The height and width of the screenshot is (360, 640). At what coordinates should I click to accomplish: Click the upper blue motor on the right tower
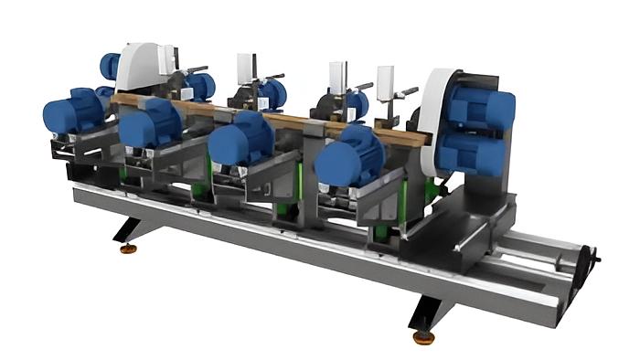click(x=480, y=106)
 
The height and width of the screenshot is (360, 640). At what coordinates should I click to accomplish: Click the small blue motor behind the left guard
click(x=110, y=66)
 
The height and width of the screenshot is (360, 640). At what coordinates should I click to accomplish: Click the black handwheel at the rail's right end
click(x=590, y=266)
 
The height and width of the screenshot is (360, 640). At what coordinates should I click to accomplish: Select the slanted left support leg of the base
click(x=129, y=228)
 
